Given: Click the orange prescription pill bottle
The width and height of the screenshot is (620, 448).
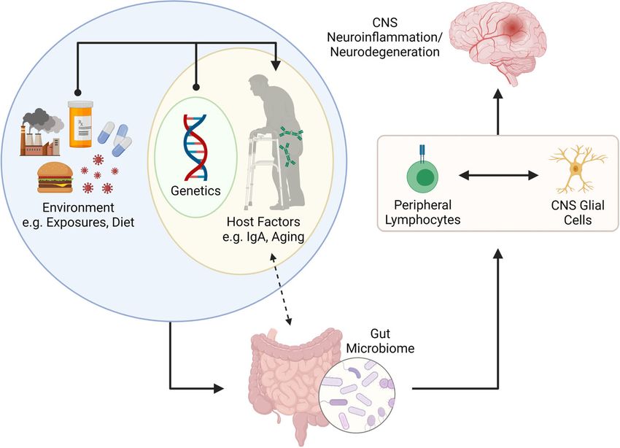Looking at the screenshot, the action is tap(81, 124).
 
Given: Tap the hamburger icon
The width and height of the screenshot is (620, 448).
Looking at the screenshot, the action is tap(55, 178).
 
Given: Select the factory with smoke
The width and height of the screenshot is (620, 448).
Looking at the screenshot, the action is tap(42, 132).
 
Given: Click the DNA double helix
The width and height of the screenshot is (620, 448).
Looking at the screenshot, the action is tap(195, 147).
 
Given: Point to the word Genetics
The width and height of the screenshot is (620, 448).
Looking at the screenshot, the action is tap(195, 191).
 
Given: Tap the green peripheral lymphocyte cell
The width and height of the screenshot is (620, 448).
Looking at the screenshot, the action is tap(422, 174).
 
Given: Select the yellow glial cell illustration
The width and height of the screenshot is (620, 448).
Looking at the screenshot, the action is tap(576, 169).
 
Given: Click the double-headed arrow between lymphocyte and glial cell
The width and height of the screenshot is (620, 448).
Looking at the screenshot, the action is tap(499, 175).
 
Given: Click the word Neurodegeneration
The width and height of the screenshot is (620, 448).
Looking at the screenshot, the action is tap(384, 52).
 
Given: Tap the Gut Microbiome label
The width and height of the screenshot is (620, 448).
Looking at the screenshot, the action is tap(380, 341).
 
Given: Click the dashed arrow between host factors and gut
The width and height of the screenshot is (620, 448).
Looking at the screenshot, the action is tap(281, 289).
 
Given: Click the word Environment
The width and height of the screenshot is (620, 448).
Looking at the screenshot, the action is tap(78, 208).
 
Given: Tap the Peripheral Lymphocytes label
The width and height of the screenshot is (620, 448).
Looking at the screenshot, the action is tap(422, 212).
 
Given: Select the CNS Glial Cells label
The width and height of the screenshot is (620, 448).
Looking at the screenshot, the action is tap(578, 213).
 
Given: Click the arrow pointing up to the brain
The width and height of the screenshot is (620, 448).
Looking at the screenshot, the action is tap(497, 112).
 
